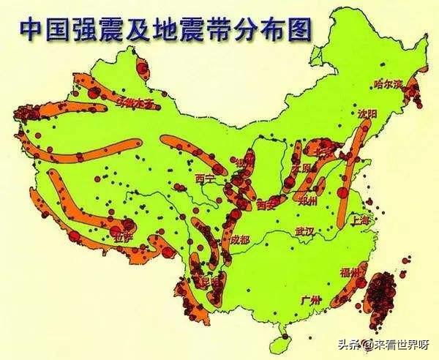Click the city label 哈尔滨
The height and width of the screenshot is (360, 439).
[387, 83]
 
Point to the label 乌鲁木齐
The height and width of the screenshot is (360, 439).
[137, 103]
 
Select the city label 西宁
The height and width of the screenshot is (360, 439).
[206, 178]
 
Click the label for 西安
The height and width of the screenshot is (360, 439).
[267, 206]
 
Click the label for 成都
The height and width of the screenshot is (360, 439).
[239, 239]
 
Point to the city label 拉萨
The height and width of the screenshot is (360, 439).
[121, 236]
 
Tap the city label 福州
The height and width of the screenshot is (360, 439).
[350, 271]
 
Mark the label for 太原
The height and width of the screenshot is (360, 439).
[301, 170]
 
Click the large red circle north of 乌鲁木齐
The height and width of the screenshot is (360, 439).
[142, 70]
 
